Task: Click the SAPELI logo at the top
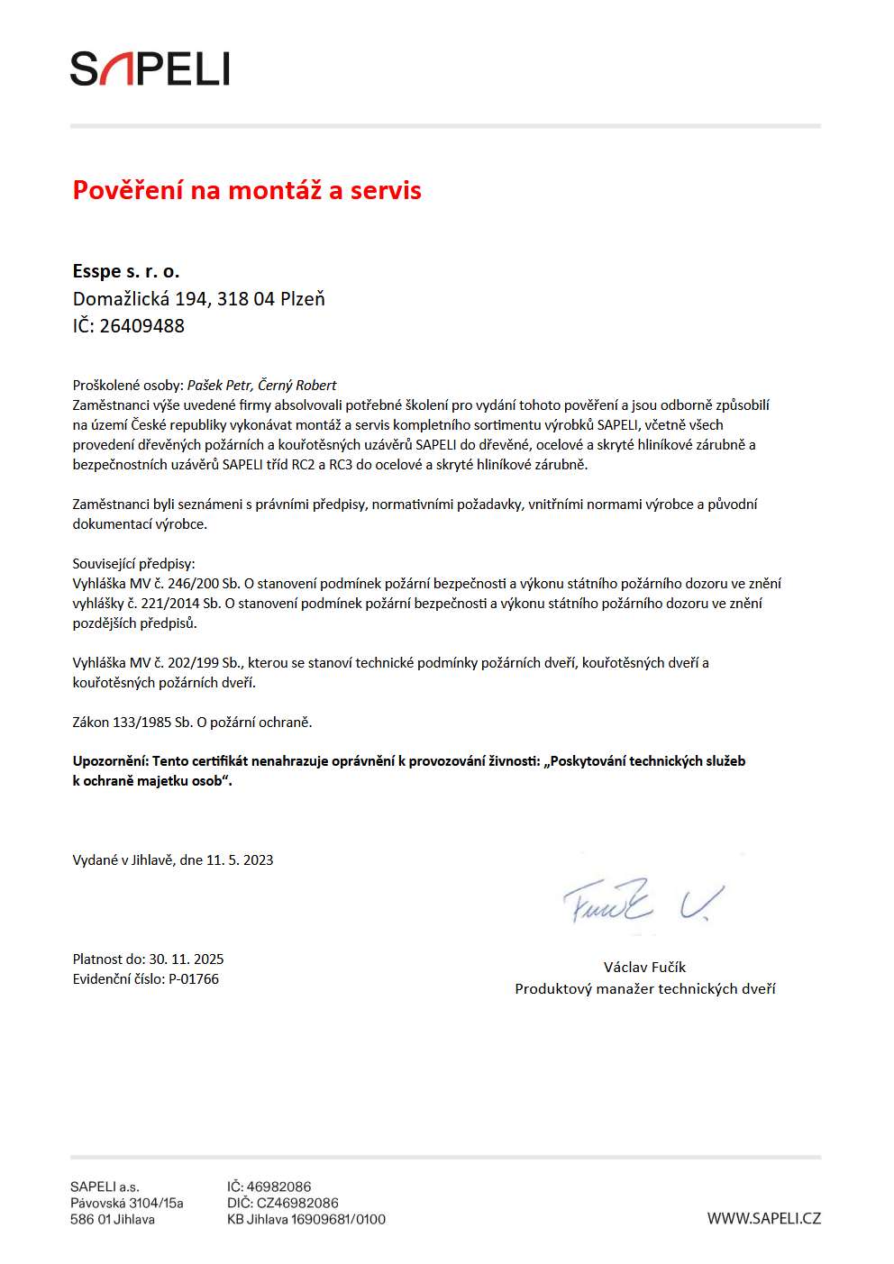150,69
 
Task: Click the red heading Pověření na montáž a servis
247,190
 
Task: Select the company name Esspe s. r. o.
126,271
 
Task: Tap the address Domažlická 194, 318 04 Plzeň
198,299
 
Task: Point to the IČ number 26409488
141,326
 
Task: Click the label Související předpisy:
133,564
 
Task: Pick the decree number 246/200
193,584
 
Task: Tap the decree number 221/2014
170,604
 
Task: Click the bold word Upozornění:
111,761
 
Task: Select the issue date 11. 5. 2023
240,860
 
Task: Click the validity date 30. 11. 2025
187,959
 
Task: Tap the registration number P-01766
194,979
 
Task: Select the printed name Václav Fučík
644,968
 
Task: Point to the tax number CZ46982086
297,1204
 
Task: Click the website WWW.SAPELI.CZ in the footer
763,1219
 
